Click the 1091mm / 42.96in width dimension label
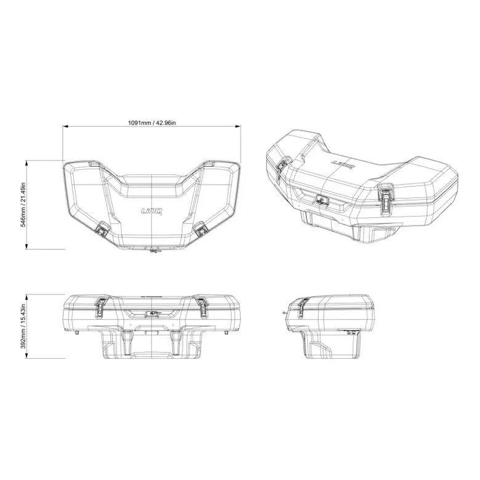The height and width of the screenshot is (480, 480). point(151,122)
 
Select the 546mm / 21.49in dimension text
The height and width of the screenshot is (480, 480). point(23,205)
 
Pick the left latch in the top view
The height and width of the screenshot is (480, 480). point(102,230)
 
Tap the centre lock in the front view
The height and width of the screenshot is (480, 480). point(151,313)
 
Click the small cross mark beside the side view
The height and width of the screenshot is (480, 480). point(284,313)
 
